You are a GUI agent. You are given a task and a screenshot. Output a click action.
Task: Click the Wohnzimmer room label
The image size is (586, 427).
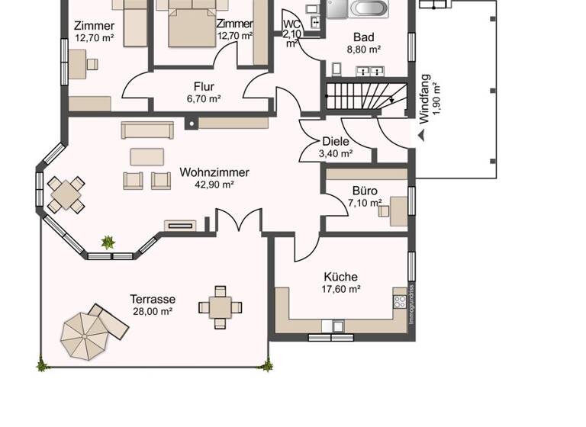[214, 172]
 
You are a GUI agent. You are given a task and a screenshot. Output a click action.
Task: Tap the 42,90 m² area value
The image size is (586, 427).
[214, 184]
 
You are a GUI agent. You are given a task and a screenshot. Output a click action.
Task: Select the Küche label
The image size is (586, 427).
[340, 277]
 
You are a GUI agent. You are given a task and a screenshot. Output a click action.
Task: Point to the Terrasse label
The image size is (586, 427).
[152, 299]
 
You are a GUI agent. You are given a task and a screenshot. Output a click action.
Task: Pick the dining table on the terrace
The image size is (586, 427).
[220, 308]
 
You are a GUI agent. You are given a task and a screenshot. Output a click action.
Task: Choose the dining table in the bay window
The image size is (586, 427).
[66, 194]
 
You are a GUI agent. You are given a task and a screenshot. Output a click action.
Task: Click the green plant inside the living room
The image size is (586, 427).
[108, 242]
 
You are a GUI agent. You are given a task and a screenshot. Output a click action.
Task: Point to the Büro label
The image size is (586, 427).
[365, 191]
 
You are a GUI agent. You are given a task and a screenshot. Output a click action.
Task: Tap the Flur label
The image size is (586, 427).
[204, 87]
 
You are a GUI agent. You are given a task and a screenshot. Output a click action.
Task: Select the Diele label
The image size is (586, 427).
[336, 141]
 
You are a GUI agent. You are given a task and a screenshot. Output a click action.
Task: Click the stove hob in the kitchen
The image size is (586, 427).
[400, 301]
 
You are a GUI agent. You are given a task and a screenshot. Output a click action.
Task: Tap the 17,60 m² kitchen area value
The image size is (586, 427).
[340, 289]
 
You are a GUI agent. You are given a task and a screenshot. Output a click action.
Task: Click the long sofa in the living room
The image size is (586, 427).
[146, 130]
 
